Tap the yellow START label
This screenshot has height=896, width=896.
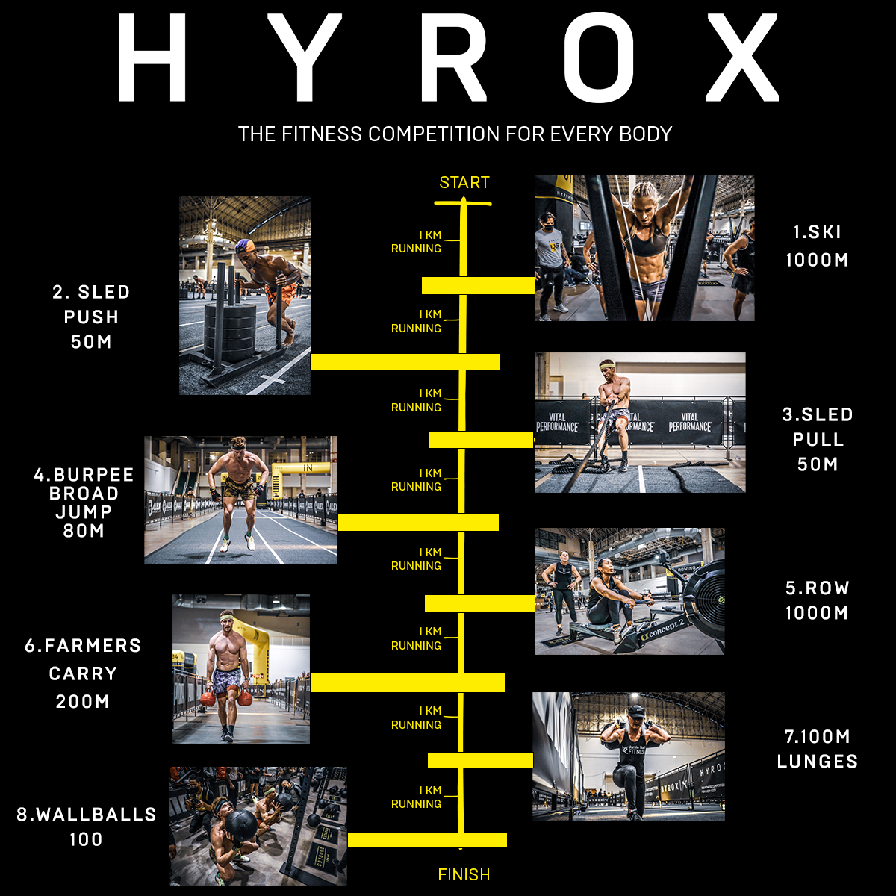click(x=464, y=183)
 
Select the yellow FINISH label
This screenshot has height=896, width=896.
click(x=464, y=874)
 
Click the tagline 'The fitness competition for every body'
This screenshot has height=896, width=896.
click(x=455, y=134)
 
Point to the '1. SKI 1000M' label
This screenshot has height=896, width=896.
click(x=817, y=246)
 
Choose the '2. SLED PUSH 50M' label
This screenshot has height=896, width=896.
click(x=91, y=317)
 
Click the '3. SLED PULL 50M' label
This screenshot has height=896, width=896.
click(x=817, y=439)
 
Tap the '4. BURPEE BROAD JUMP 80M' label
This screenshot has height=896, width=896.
click(x=84, y=503)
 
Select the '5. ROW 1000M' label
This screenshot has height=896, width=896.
click(x=817, y=600)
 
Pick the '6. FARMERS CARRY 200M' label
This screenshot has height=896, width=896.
click(x=83, y=673)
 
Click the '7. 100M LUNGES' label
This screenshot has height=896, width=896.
click(x=817, y=749)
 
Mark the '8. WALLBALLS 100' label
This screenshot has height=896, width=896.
click(x=87, y=826)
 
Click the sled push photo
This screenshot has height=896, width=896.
click(x=245, y=296)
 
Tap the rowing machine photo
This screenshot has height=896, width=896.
click(x=629, y=591)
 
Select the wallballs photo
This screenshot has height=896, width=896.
click(x=258, y=826)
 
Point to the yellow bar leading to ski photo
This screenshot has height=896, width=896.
click(x=478, y=285)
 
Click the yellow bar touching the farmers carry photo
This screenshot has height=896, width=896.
click(x=408, y=682)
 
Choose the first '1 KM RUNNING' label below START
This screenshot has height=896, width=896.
click(x=417, y=242)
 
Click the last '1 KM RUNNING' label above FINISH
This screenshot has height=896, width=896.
click(x=417, y=797)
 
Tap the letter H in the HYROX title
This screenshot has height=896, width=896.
click(x=152, y=57)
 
